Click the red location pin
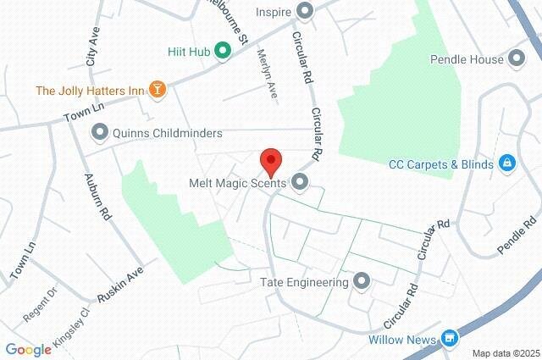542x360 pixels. click(270, 160)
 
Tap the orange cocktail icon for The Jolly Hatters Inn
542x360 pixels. click(158, 88)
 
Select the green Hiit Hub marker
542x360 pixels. click(223, 51)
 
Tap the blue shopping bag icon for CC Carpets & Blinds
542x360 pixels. click(506, 163)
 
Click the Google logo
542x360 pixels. click(27, 350)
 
